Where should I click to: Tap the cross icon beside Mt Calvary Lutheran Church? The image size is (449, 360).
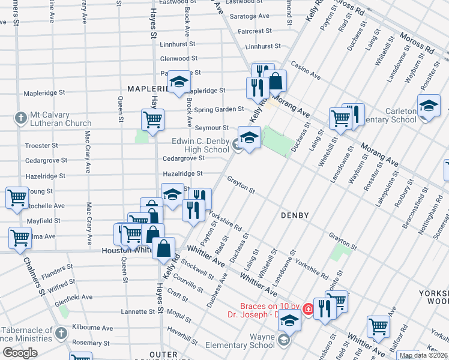(20, 117)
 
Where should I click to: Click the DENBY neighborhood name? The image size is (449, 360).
(295, 215)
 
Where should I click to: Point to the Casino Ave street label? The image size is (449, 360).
(306, 73)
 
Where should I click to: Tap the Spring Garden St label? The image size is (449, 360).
(219, 110)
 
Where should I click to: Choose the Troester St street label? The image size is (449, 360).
(41, 146)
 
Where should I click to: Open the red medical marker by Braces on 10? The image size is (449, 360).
(308, 309)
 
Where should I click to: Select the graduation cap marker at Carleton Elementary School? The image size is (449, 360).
(429, 107)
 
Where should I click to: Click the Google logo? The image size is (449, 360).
(20, 353)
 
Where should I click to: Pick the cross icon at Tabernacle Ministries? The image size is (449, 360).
(60, 333)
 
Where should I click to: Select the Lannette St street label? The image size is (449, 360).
(137, 312)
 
